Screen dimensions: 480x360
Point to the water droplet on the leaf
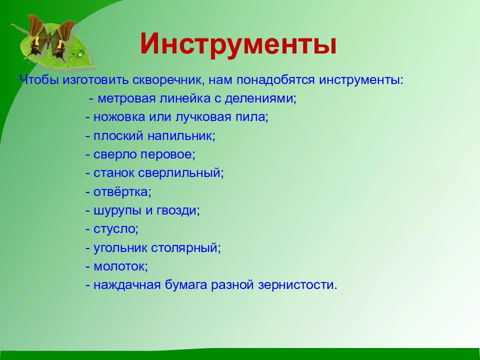[x=81, y=54]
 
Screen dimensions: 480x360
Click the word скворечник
[x=167, y=80]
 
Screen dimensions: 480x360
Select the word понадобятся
[x=275, y=80]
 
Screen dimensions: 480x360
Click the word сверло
[x=115, y=154]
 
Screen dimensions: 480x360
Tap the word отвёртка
[x=121, y=192]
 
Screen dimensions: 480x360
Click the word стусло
[x=114, y=229]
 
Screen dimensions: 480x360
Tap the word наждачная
[x=127, y=285]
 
